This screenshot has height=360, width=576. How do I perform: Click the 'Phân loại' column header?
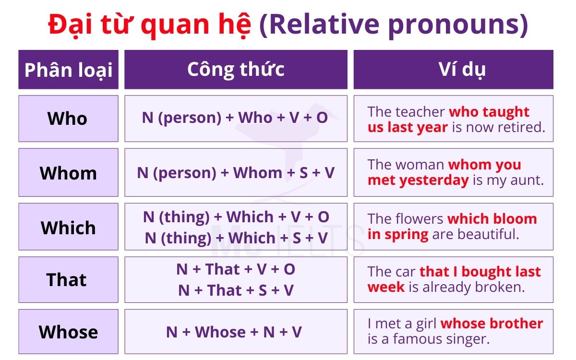[x=68, y=70]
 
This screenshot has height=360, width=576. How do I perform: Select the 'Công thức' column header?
[x=236, y=70]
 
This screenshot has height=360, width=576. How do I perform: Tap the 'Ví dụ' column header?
[x=454, y=70]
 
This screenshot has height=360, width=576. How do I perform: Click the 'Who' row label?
[x=68, y=119]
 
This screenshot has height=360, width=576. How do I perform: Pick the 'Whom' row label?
[x=68, y=173]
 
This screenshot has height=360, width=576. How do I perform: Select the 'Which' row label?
[x=68, y=227]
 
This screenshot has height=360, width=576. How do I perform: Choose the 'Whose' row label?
[x=68, y=332]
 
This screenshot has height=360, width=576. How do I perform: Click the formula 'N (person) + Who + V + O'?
[x=235, y=118]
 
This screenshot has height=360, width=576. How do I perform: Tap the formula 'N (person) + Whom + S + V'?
[x=236, y=173]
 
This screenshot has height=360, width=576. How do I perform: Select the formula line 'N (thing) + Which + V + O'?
[x=236, y=217]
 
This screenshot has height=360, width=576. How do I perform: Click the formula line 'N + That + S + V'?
[x=236, y=290]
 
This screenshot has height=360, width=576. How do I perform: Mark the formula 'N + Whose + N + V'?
[x=234, y=332]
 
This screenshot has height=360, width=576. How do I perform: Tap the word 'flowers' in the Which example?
[x=419, y=219]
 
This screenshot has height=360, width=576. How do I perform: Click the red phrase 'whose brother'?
[x=492, y=324]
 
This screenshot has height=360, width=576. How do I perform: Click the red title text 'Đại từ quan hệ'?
[x=149, y=25]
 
